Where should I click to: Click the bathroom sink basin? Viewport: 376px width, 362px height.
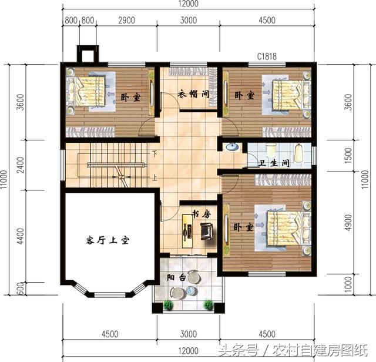231,148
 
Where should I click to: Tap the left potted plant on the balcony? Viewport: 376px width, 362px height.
169,304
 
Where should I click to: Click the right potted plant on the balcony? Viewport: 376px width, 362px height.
209,304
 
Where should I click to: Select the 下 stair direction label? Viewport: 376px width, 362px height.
155,155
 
